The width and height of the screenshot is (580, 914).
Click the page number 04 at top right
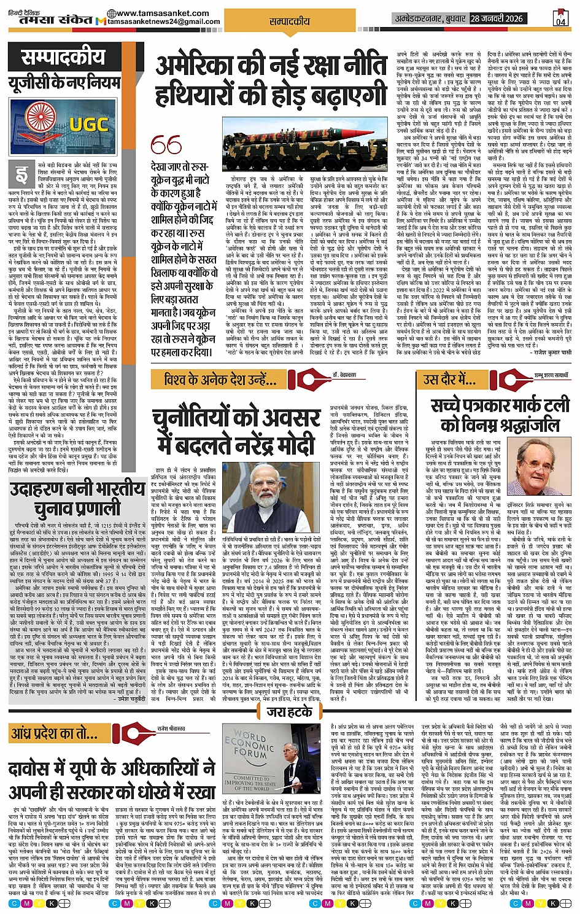[561, 21]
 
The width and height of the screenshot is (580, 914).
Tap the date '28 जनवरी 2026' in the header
[497, 18]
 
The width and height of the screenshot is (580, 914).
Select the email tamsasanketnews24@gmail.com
[163, 22]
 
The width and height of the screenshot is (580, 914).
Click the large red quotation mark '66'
[166, 146]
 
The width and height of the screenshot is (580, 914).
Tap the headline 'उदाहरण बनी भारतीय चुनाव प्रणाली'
[77, 499]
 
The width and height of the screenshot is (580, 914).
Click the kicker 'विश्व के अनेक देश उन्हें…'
[220, 380]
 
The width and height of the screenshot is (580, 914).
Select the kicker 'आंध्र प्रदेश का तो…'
[54, 733]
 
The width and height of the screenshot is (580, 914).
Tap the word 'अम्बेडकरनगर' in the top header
[430, 18]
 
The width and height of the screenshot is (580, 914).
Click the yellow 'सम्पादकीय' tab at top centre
[289, 21]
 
